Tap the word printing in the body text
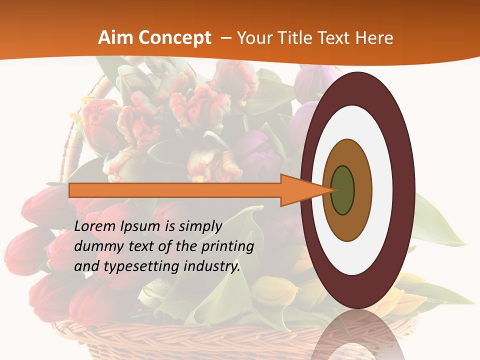[x=227, y=246]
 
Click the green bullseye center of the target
[x=343, y=190]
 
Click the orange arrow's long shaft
[x=175, y=190]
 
